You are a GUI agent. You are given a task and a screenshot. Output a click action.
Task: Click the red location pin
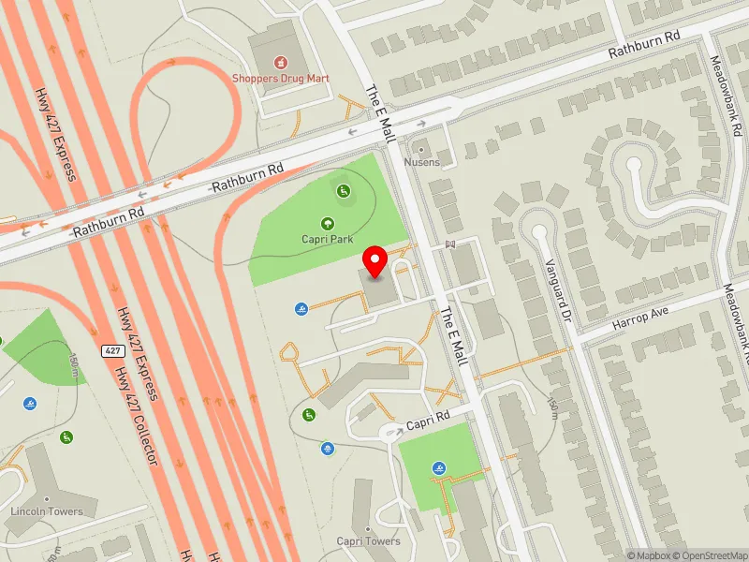click(375, 261)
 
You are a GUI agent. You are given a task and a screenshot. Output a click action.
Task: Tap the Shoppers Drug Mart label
click(279, 78)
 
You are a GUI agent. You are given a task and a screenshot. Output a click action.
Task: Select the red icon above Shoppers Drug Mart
click(279, 63)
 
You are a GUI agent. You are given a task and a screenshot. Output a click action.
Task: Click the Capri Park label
click(328, 239)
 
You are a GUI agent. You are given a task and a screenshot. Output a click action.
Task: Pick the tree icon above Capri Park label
click(328, 223)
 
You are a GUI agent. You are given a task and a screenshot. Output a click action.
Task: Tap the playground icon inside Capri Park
click(344, 192)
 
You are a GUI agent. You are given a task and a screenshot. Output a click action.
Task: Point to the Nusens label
click(421, 162)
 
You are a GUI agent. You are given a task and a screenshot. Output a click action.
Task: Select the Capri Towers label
click(369, 541)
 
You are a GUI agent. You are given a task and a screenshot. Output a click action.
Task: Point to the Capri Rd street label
click(429, 415)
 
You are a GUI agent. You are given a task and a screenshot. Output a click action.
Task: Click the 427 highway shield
click(113, 350)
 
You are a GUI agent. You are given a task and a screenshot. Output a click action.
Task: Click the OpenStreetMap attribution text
click(711, 555)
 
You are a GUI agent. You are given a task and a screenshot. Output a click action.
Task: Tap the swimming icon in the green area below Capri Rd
click(439, 467)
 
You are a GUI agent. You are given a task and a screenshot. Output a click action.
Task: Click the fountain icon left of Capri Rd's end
click(328, 449)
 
